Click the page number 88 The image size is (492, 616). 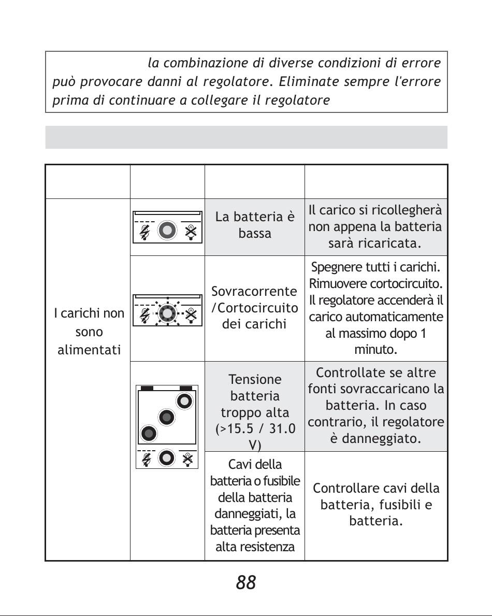246,583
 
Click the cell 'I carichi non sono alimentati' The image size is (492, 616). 89,332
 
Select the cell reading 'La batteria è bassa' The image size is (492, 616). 255,225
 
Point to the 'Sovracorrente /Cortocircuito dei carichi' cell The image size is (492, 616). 255,308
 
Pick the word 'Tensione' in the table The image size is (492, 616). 255,379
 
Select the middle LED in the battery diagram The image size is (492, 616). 166,417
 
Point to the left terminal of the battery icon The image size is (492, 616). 147,388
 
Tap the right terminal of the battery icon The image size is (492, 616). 186,388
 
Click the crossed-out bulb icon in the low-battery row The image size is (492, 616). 191,232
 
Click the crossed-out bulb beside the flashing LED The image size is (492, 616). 191,314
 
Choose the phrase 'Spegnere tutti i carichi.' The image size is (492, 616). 375,267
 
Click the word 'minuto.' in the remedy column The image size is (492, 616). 375,350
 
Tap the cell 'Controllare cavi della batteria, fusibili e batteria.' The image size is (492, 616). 376,504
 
